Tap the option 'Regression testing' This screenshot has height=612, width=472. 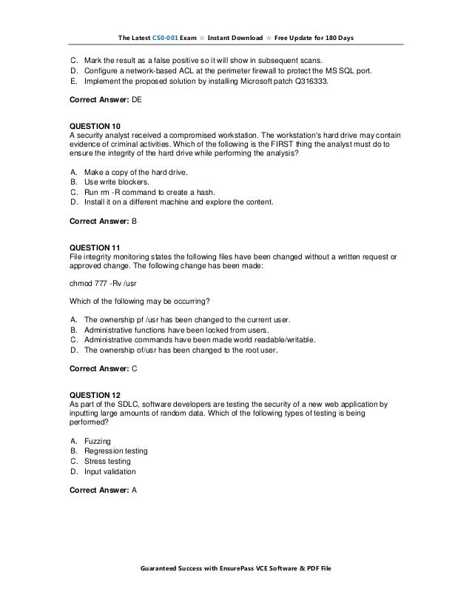(x=116, y=450)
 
